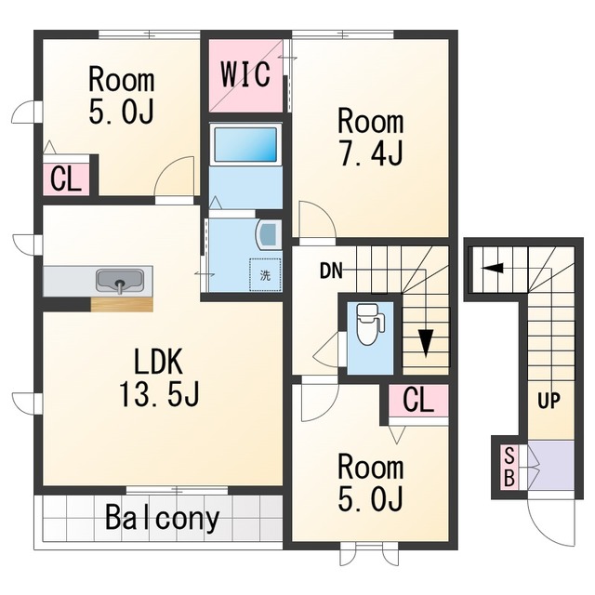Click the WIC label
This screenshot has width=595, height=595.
[245, 74]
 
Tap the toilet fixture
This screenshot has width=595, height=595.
[370, 324]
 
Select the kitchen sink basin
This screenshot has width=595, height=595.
[120, 281]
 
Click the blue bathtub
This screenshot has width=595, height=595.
[245, 145]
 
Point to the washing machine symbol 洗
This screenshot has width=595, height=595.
[265, 275]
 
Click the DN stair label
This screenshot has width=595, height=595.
[331, 271]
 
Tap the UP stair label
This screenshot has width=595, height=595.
[549, 401]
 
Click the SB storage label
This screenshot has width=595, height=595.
[509, 467]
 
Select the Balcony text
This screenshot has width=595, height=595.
[163, 518]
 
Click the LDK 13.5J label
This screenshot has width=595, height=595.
[159, 377]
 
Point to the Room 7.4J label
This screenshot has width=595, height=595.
[371, 138]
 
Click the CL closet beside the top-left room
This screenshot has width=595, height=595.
[66, 179]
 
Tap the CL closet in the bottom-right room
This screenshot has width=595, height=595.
[418, 400]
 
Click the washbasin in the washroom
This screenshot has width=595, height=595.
[269, 235]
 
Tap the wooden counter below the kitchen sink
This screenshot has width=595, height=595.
[122, 304]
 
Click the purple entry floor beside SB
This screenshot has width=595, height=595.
[550, 465]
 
